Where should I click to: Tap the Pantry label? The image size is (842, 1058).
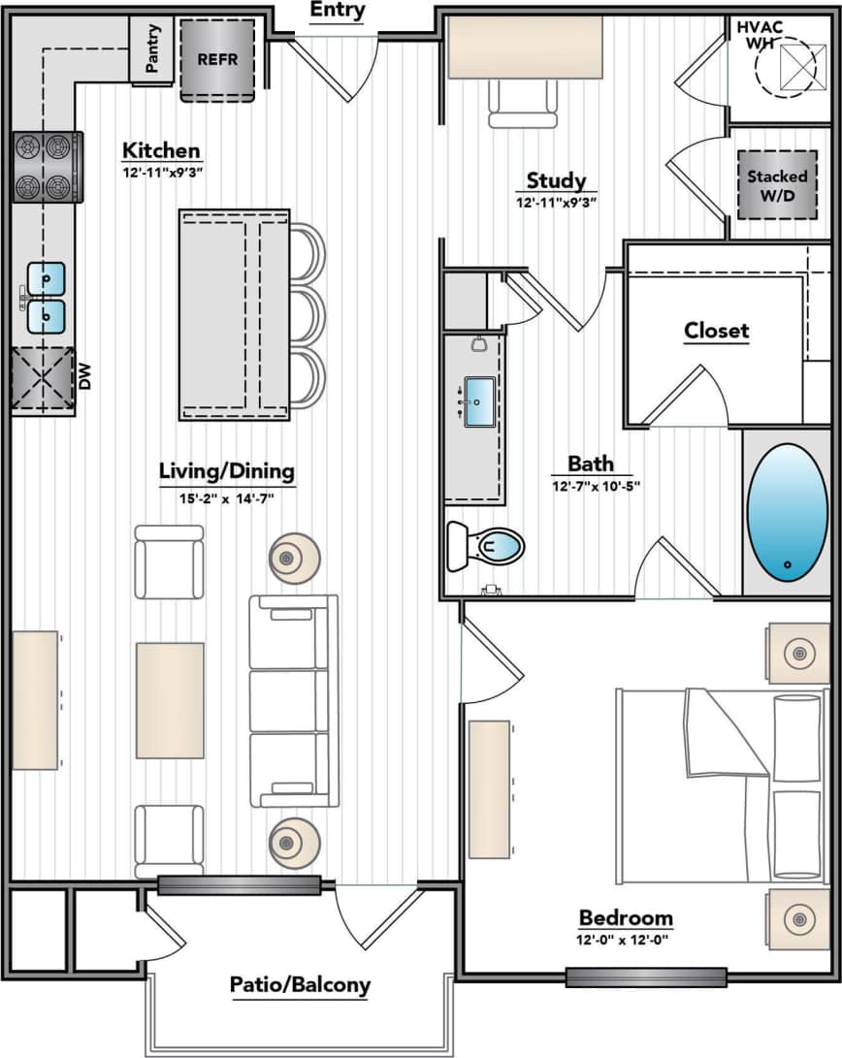coord(153,48)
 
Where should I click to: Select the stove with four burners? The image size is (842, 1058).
coord(46,167)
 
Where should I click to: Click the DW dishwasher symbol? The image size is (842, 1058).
coord(44,380)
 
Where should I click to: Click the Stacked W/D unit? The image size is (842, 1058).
coord(777,184)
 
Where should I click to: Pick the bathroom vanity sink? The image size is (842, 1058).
coord(480,401)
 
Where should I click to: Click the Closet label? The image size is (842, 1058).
coord(716,331)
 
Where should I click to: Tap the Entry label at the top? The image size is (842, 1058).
coord(338,12)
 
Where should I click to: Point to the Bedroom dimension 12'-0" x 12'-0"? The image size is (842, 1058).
coord(625,940)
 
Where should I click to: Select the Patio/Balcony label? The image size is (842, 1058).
coord(300,985)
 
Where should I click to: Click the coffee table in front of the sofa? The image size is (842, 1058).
coord(170,700)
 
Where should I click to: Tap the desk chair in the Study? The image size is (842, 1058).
coord(523,103)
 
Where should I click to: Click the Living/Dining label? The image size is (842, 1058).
coord(226,471)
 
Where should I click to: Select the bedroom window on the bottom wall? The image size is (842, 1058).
coord(646,977)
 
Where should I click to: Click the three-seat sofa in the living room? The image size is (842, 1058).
coord(294,701)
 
